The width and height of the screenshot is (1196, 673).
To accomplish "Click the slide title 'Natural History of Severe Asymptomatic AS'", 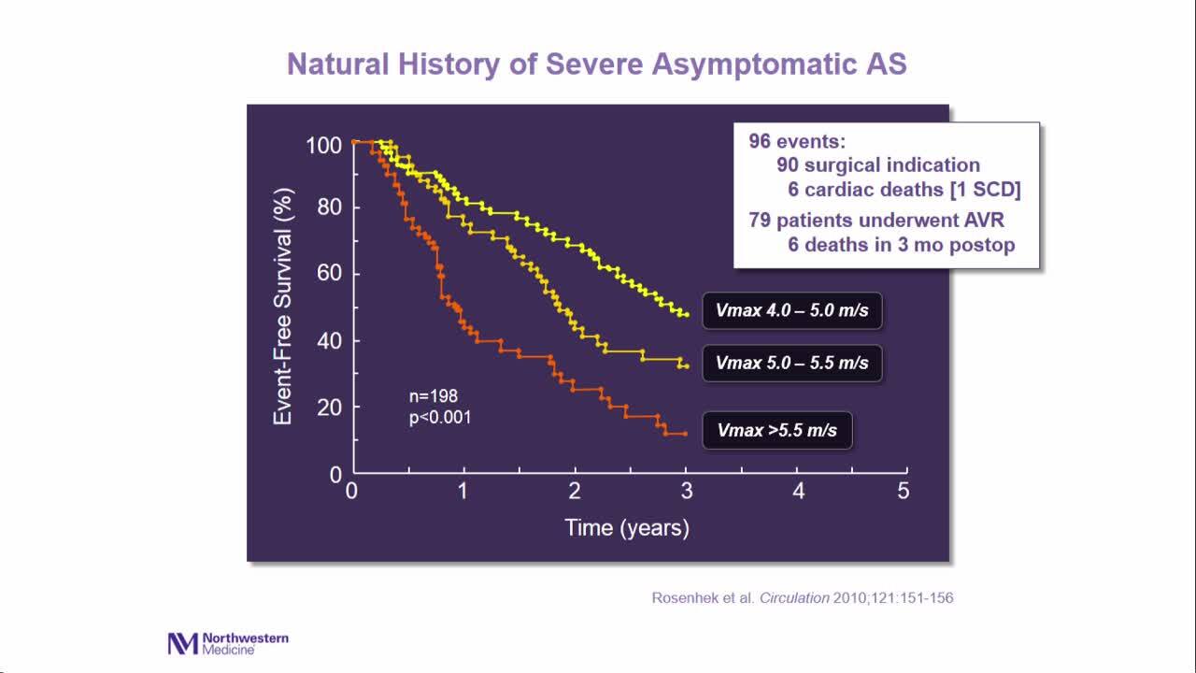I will tap(596, 64).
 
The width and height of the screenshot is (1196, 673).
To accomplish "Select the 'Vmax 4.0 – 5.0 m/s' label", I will tap(792, 310).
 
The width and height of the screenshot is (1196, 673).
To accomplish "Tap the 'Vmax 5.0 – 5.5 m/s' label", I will tap(792, 363).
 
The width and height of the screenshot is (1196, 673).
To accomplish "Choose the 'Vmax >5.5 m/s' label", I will tap(777, 431).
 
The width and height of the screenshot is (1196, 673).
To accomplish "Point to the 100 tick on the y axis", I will tap(323, 146).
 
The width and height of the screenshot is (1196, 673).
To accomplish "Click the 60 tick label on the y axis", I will tap(329, 274).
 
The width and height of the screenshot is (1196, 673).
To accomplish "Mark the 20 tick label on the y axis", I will tap(329, 408).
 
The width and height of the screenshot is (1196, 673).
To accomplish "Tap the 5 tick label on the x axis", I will tap(903, 492).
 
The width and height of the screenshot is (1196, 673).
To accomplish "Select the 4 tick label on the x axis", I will tap(798, 492).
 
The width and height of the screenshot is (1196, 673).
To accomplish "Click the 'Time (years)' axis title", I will tap(627, 528).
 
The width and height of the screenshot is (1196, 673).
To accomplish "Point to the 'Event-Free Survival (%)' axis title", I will tap(283, 307).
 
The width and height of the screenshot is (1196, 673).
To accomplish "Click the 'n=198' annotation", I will tap(434, 396).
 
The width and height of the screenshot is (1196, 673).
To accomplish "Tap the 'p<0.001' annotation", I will tap(440, 418).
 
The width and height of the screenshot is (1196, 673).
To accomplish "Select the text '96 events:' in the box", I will tap(797, 141).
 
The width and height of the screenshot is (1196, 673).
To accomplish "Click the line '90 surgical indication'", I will tap(878, 165).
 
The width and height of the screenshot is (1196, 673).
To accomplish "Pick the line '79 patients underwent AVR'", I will tap(876, 221).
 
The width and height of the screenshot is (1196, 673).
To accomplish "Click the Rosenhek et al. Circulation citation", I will tap(803, 598).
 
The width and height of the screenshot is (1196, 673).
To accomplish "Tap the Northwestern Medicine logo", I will tap(228, 643).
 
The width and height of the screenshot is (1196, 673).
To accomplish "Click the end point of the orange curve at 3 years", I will tap(685, 434).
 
